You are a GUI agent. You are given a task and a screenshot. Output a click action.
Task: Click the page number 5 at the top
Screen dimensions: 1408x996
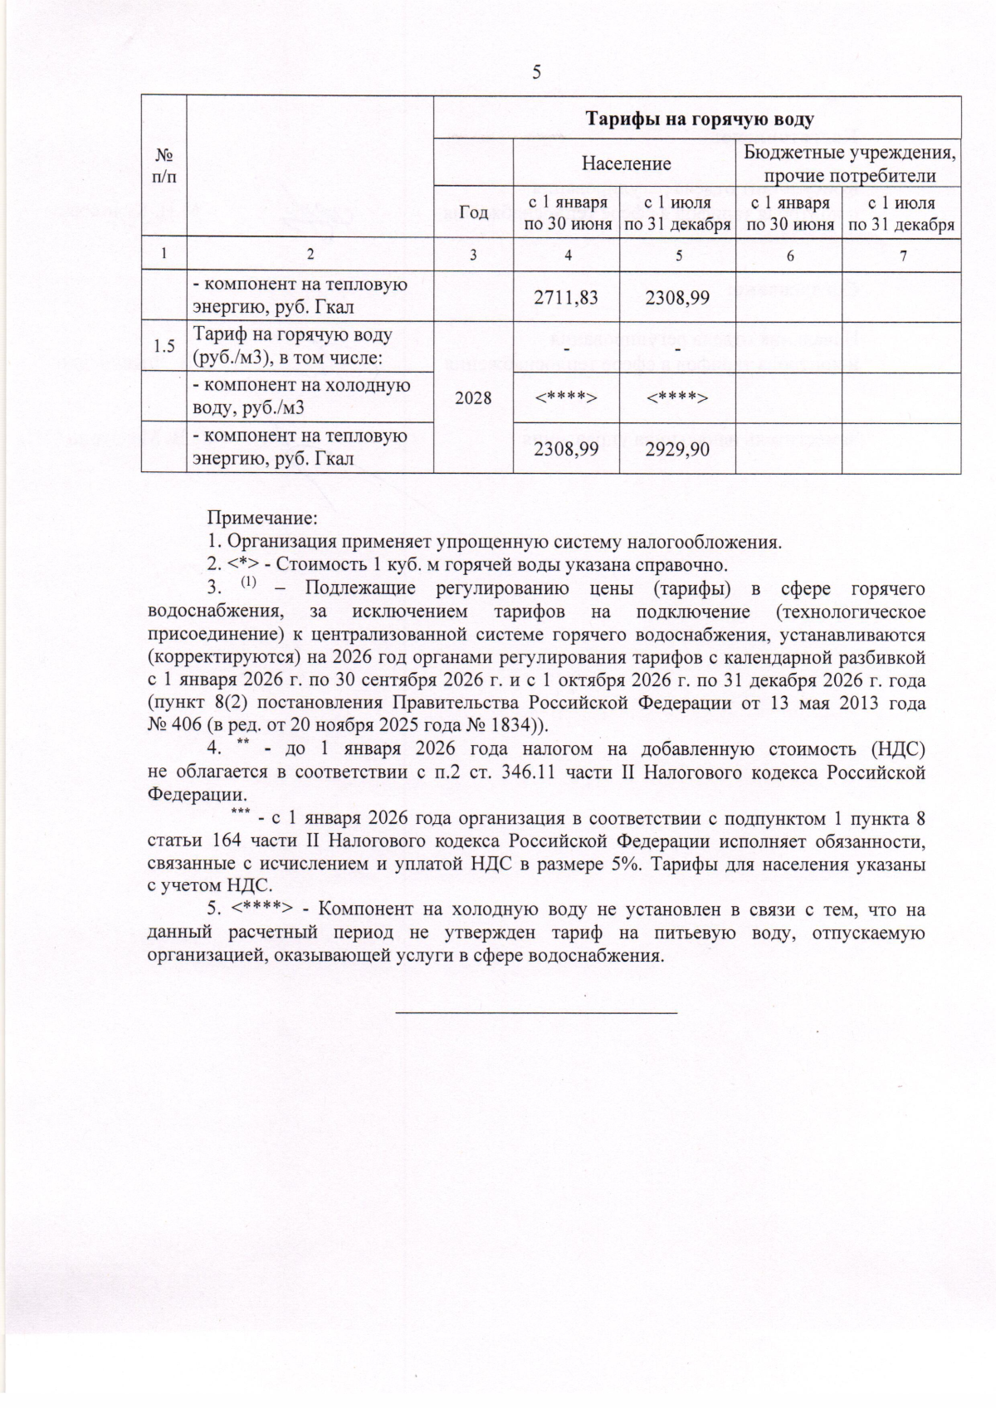tap(536, 72)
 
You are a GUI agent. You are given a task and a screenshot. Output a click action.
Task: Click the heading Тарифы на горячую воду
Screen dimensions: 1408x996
tap(701, 119)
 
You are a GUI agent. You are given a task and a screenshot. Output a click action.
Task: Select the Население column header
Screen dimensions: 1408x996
tap(626, 163)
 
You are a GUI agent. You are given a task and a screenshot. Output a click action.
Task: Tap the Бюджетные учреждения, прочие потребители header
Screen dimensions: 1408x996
tap(849, 164)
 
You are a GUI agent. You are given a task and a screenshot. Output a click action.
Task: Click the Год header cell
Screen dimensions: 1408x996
tap(474, 213)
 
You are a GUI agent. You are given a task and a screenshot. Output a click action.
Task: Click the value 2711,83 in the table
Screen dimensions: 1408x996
tap(566, 297)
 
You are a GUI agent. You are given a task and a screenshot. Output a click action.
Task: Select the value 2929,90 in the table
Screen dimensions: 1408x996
tap(677, 449)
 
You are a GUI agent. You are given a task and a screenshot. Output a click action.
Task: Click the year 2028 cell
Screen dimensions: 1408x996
tap(473, 398)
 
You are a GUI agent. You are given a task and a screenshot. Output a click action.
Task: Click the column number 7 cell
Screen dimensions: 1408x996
tap(901, 256)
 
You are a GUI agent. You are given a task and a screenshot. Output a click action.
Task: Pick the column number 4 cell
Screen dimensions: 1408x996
tap(567, 256)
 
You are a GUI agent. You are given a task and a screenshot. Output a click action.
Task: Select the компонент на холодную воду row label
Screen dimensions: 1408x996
tap(301, 397)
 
